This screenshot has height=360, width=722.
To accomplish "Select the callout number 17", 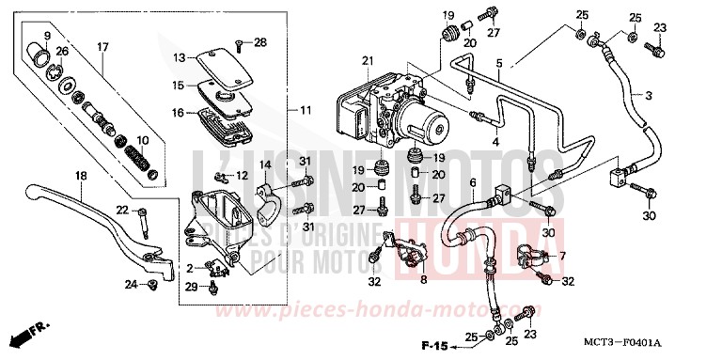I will pos(103,46).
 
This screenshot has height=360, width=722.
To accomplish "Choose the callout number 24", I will pos(132,283).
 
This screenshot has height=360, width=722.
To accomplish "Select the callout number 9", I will pos(46,37).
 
